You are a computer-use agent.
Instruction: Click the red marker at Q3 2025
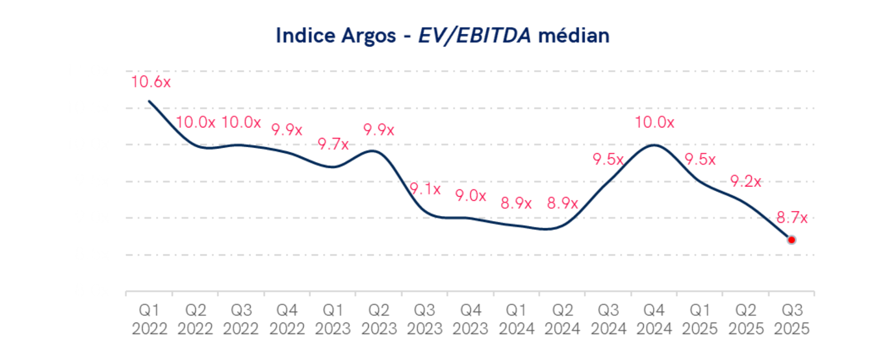coord(791,240)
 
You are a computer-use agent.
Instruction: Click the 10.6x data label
coord(151,82)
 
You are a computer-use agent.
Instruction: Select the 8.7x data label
coord(792,217)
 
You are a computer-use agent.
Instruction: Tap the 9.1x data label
coord(425,189)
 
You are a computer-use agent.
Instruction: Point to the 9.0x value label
coord(471,195)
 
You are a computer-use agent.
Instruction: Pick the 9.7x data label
coord(333,144)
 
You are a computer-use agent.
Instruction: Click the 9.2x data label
coord(746,181)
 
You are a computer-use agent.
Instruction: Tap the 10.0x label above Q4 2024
coord(654,122)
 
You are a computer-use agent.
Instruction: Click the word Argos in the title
coord(369,36)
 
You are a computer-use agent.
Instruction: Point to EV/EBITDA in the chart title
coord(474,36)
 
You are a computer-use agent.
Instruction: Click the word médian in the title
coord(574,36)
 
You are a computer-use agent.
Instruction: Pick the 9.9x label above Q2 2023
coord(379,130)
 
